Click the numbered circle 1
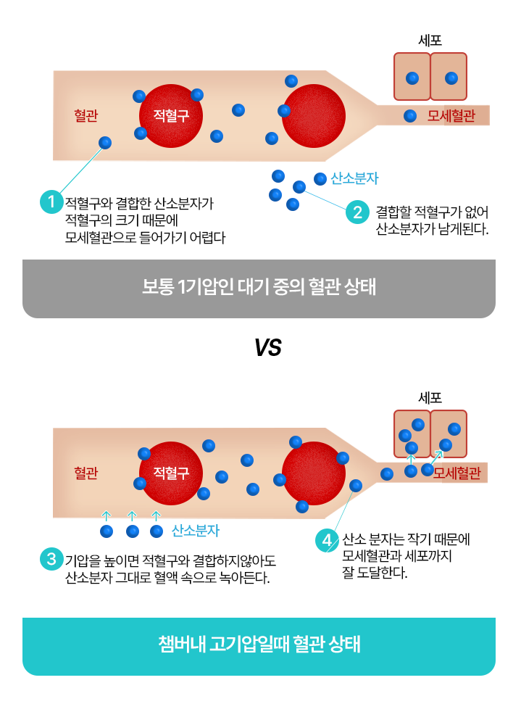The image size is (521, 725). [x=51, y=202]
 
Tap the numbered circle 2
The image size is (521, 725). [x=357, y=212]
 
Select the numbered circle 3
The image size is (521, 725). [x=51, y=558]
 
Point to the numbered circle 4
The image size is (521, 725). [x=327, y=540]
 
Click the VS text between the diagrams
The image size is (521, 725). [x=267, y=347]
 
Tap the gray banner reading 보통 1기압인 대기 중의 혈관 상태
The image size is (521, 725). [x=259, y=289]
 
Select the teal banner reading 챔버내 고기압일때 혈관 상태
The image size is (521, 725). [x=259, y=646]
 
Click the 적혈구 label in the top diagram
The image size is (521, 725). [x=171, y=115]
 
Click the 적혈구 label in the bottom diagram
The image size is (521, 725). [x=171, y=473]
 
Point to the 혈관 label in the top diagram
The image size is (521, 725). [x=86, y=115]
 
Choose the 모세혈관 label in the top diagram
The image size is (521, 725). [x=451, y=115]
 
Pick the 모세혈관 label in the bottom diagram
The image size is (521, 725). [x=457, y=473]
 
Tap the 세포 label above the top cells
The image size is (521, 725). [x=430, y=41]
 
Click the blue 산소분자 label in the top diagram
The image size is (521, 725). [x=354, y=178]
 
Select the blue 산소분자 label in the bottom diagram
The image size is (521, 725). [x=196, y=531]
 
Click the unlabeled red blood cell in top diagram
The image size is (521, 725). [x=314, y=116]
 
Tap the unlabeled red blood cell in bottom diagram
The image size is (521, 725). [x=314, y=473]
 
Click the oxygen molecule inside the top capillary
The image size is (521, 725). [x=410, y=115]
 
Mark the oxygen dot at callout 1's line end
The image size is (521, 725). [x=105, y=142]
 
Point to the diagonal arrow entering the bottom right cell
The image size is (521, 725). [x=437, y=457]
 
